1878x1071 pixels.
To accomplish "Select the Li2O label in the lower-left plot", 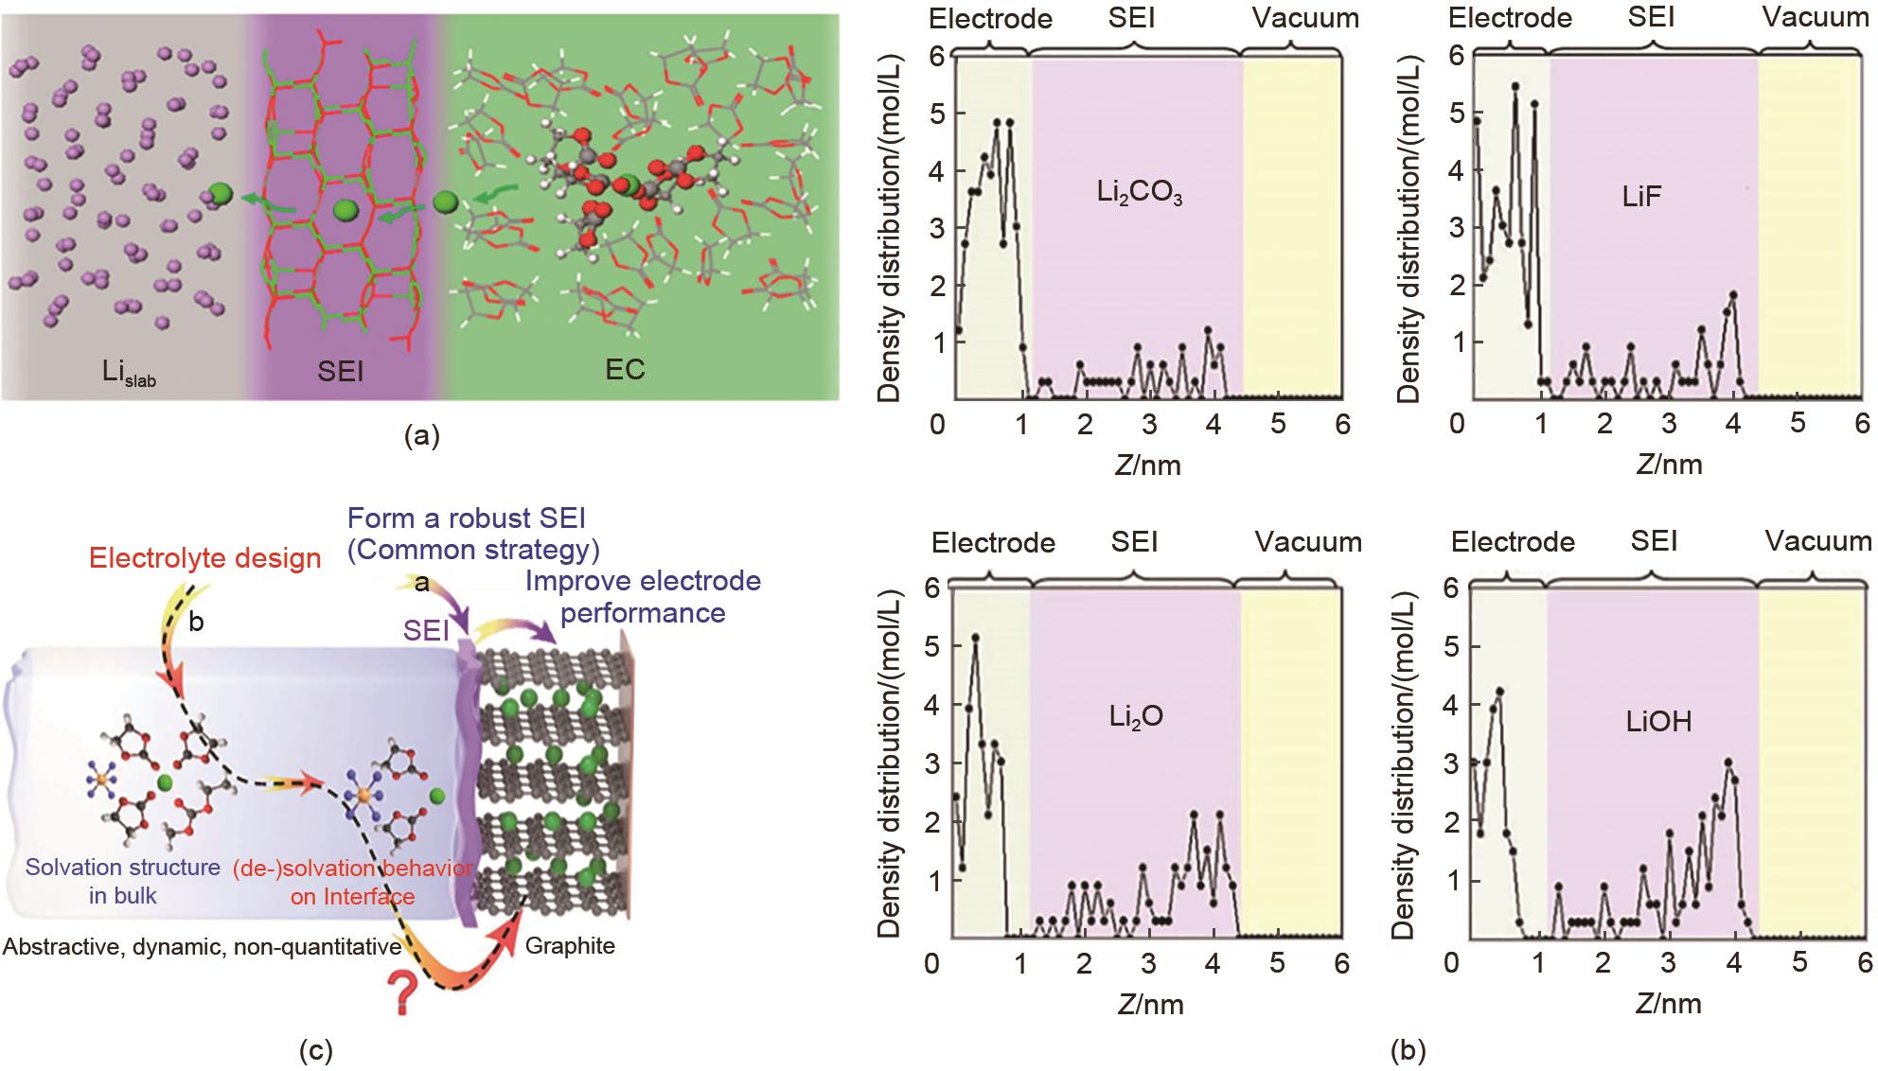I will click(1136, 717).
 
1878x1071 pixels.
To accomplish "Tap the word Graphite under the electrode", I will click(570, 945).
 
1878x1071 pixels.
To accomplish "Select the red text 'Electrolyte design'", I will click(205, 558).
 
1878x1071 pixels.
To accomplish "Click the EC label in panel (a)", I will click(625, 369).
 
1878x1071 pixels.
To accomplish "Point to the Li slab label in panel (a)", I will click(130, 371).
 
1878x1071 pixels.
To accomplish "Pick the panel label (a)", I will click(421, 436).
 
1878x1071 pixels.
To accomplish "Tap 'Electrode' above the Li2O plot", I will click(993, 542).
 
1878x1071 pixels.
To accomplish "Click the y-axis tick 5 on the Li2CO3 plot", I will click(937, 113).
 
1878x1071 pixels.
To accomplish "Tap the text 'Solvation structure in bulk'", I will click(123, 881).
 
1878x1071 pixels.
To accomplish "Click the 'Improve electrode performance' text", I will click(643, 596).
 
